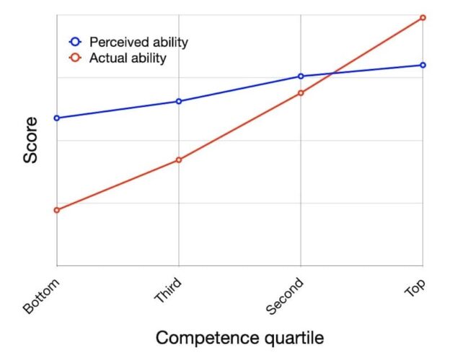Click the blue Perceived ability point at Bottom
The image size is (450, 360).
click(57, 118)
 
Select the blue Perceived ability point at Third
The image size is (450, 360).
click(179, 101)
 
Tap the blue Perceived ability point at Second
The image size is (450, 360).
click(301, 76)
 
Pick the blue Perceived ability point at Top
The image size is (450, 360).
click(423, 65)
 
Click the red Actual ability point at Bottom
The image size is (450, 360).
click(57, 210)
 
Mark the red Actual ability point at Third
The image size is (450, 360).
click(179, 159)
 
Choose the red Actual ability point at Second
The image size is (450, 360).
click(301, 92)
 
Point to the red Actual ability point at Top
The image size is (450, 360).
click(423, 17)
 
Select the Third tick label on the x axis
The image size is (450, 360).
click(168, 292)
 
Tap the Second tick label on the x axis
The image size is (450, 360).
click(285, 297)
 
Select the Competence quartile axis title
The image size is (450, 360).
click(239, 338)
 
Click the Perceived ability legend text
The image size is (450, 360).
click(138, 42)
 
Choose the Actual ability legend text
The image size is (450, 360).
click(128, 58)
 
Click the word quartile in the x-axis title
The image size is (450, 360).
click(291, 338)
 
